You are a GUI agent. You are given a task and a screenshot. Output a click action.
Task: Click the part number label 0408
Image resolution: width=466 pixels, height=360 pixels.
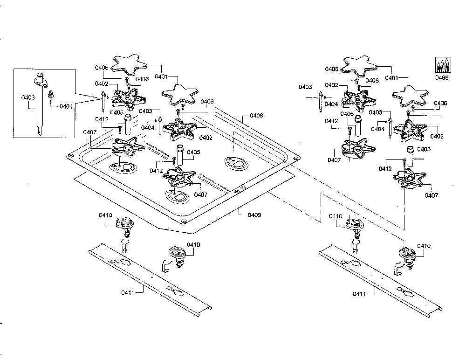(256, 116)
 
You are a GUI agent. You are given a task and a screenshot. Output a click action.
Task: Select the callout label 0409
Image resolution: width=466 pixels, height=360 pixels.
(254, 215)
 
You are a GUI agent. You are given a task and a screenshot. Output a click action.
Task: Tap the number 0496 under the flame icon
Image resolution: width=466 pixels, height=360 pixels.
(442, 78)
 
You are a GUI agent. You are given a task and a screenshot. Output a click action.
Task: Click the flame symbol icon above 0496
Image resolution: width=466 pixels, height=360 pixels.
(443, 65)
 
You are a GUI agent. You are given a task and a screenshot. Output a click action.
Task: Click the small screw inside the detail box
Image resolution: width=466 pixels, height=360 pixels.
(50, 94)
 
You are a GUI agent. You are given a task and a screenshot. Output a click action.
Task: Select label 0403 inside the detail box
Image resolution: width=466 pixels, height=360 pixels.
(28, 97)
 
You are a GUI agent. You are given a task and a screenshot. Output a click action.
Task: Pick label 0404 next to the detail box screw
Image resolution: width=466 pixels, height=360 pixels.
(66, 106)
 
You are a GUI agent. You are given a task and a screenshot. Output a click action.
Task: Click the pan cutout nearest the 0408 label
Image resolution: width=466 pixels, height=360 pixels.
(237, 163)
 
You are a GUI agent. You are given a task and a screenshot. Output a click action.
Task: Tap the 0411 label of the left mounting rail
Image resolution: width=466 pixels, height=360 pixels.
(128, 292)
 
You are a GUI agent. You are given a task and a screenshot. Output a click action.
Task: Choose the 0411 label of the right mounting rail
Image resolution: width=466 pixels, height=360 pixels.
(359, 294)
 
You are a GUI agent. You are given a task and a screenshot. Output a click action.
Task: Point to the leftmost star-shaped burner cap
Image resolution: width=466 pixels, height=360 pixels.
(130, 65)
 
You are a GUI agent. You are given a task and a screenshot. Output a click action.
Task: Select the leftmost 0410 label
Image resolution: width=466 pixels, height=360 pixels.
(105, 215)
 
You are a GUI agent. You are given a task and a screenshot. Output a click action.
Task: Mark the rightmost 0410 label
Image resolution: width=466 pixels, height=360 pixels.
(424, 246)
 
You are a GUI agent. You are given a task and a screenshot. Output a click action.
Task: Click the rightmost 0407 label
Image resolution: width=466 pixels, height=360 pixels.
(431, 195)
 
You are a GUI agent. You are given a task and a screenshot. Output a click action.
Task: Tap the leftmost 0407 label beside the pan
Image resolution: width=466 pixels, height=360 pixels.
(90, 132)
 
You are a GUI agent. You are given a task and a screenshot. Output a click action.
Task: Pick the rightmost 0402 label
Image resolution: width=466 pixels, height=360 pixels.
(437, 136)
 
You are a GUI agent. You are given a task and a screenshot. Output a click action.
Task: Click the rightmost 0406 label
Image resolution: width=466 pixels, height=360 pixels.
(440, 103)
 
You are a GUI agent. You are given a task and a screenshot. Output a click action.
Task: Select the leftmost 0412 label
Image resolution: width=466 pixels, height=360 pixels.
(102, 119)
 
